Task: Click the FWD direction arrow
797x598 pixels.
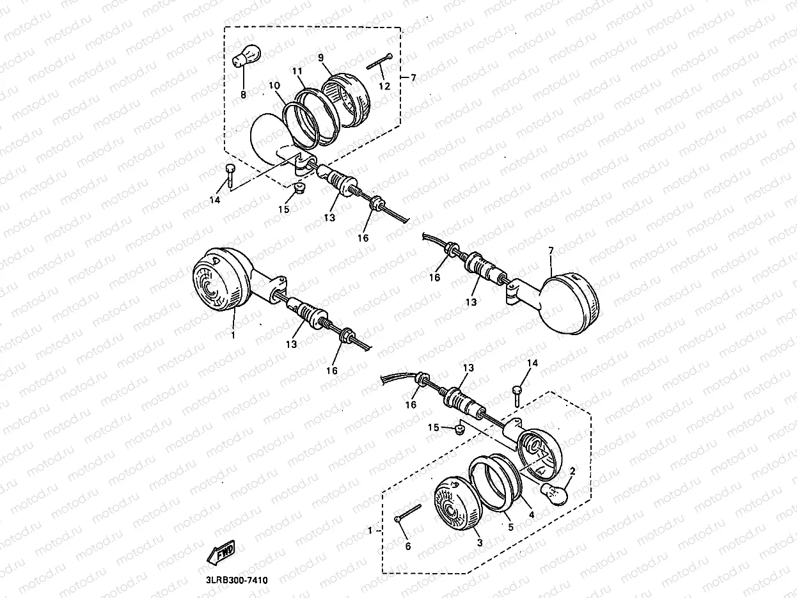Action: (x=221, y=553)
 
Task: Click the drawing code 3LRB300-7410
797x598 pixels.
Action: (x=237, y=580)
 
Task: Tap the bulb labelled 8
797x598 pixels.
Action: (x=246, y=56)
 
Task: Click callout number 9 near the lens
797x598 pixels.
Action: (x=320, y=58)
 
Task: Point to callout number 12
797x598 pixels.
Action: (x=384, y=86)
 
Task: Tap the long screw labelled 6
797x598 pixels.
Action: (x=407, y=513)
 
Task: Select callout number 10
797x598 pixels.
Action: (x=274, y=86)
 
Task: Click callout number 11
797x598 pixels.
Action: (x=297, y=71)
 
